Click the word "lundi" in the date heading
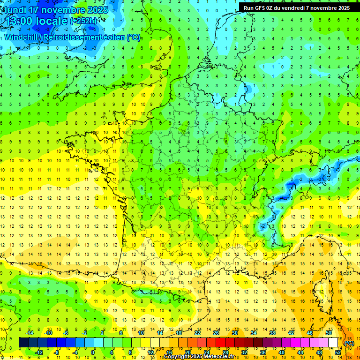(16, 10)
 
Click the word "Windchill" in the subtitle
(23, 37)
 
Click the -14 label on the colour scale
(30, 333)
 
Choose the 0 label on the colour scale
(93, 352)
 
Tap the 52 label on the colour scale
(337, 352)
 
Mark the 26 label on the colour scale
(216, 333)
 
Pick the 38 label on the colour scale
(272, 333)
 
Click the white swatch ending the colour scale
(333, 343)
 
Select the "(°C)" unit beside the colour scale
(349, 343)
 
